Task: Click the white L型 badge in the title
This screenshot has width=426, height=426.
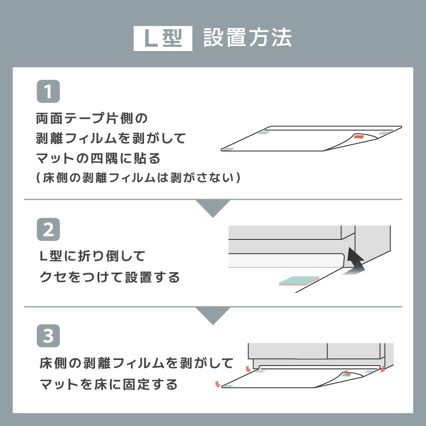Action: click(163, 39)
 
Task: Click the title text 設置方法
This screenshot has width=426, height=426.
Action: click(247, 38)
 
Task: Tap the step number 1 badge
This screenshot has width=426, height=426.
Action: click(48, 92)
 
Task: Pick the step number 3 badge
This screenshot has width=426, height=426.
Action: click(48, 336)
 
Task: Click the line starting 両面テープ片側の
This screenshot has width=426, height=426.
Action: click(92, 118)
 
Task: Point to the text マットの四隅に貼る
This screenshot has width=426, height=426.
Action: click(98, 159)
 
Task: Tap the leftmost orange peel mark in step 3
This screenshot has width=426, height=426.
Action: click(218, 384)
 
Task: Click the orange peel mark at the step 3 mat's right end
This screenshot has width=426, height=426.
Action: click(383, 368)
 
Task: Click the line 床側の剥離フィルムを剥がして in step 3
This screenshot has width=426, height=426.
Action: click(136, 363)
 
